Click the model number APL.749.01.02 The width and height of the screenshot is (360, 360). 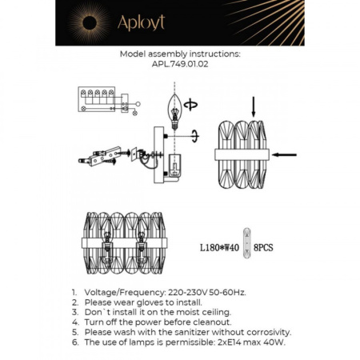pos(179,66)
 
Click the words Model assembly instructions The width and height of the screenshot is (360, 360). pos(179,55)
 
